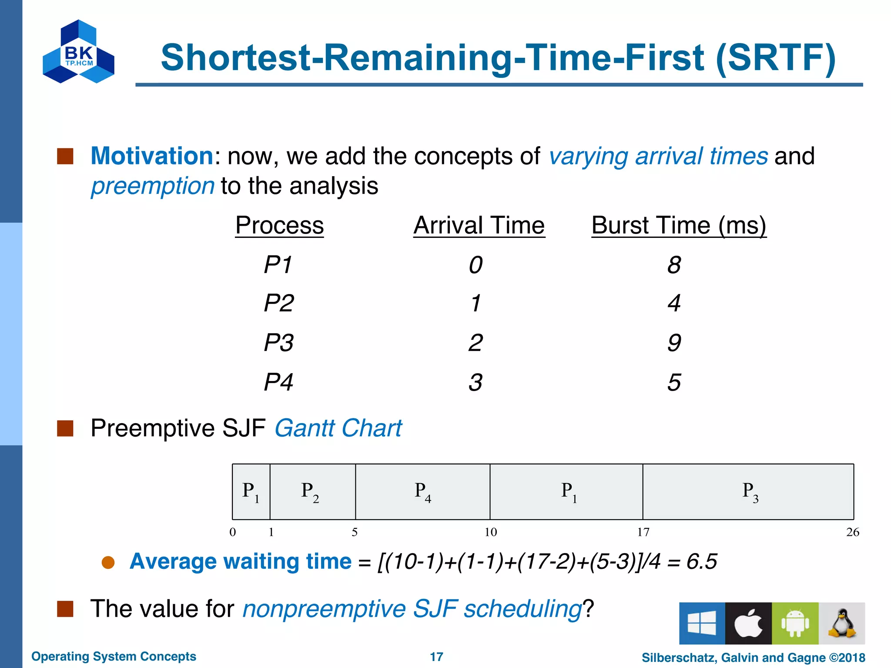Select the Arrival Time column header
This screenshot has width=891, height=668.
click(479, 226)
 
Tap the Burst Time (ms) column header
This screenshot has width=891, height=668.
click(679, 226)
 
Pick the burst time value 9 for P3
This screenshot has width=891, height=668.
click(674, 343)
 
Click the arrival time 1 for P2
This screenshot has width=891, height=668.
click(476, 303)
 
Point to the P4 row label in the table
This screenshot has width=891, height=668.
click(278, 382)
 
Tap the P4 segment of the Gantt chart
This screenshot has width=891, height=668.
click(422, 492)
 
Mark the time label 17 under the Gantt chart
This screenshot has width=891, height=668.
click(643, 532)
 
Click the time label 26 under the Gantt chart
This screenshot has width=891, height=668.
click(852, 532)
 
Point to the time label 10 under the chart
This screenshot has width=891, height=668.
click(490, 532)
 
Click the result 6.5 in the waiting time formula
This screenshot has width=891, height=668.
click(701, 561)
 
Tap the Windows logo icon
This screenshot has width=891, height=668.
click(702, 623)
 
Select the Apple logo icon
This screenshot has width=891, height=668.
click(748, 623)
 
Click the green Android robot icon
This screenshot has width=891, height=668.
click(795, 623)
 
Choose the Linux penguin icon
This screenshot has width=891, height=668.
click(842, 623)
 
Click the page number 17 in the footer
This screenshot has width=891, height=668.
click(436, 657)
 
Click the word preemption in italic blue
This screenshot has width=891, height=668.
click(152, 186)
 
